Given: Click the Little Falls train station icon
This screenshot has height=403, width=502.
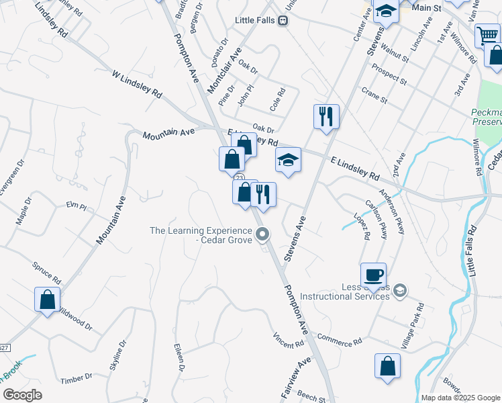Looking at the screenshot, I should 283,21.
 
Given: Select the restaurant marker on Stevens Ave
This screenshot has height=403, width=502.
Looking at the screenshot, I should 326,116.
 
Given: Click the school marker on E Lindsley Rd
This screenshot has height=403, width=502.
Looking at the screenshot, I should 288,160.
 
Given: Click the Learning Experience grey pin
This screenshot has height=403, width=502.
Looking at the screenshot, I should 263,234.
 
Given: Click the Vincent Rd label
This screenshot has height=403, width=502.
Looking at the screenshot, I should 289,341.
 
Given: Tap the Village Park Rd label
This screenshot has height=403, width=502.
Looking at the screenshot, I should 412,325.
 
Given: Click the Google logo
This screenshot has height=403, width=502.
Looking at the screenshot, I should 22,395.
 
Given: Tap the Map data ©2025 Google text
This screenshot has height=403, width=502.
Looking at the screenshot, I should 460,398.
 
